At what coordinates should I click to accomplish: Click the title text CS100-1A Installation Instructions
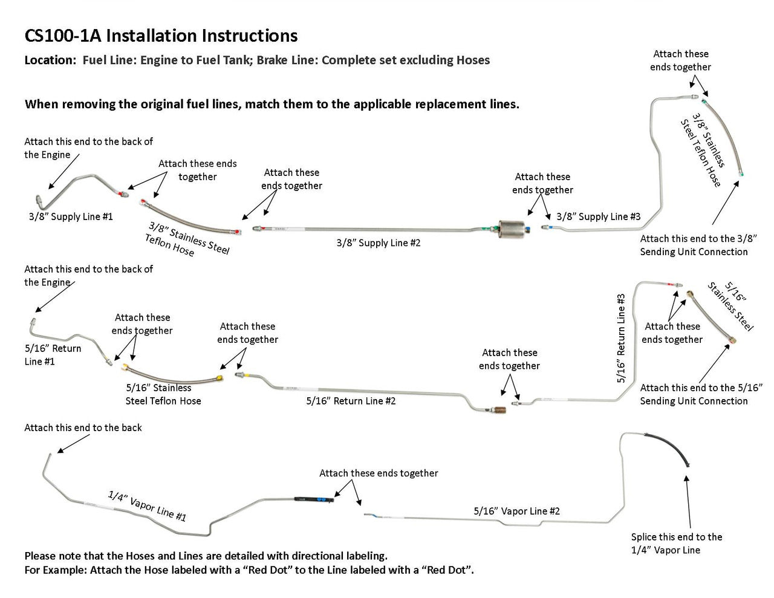[161, 36]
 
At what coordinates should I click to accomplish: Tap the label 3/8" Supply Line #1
[71, 216]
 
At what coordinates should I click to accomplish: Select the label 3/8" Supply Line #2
[378, 243]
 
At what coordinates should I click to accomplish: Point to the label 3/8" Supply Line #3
[598, 216]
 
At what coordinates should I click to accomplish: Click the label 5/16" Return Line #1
[53, 355]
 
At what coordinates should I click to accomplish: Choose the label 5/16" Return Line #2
[351, 401]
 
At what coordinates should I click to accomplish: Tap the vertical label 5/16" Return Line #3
[621, 339]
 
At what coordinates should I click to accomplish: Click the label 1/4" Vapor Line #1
[147, 505]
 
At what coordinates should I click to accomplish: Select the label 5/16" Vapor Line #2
[516, 511]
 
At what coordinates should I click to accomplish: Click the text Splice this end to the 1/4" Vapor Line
[676, 543]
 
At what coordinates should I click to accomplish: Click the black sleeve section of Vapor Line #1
[311, 499]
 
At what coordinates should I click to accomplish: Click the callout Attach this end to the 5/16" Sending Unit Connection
[701, 394]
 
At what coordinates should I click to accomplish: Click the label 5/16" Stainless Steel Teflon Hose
[163, 394]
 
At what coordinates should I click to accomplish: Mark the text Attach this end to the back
[83, 427]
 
